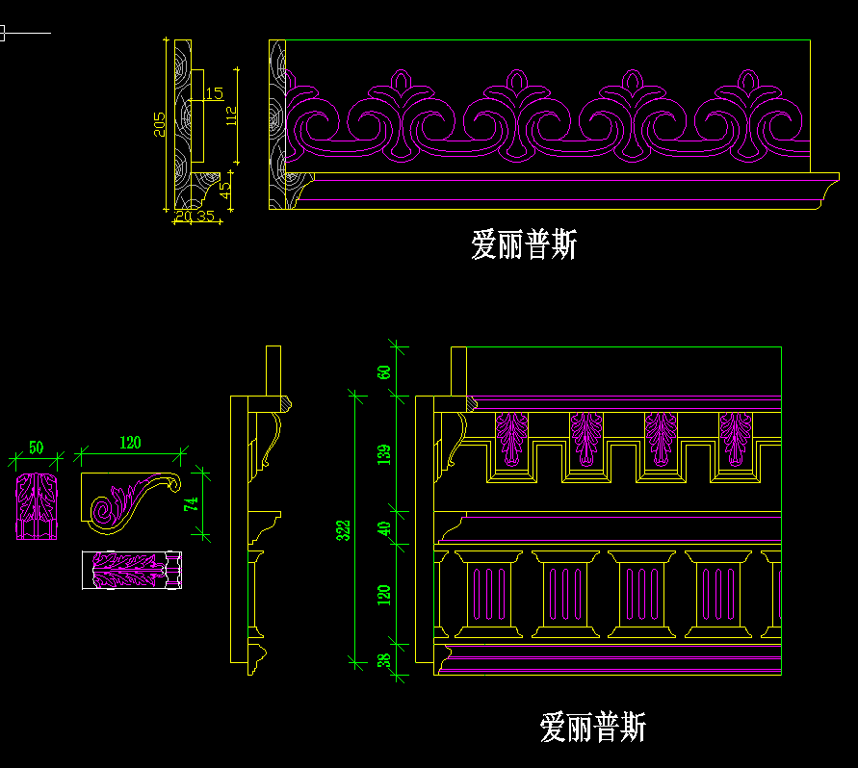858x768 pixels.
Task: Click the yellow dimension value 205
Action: tap(160, 123)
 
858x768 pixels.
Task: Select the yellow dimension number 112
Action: tap(231, 115)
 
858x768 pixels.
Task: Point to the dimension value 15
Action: tap(214, 93)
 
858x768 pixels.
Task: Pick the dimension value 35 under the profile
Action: tap(205, 217)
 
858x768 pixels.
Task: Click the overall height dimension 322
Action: tap(344, 528)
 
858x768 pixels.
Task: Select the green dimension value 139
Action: tap(384, 454)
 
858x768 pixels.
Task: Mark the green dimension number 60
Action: tap(384, 371)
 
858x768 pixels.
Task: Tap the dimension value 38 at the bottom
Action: tap(384, 661)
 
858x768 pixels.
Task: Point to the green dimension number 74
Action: tap(191, 502)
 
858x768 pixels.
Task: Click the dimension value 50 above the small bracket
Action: tap(37, 448)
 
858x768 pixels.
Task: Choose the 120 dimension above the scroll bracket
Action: tap(130, 443)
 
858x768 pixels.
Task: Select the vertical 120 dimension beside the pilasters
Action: tap(384, 594)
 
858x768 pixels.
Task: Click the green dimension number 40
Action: tap(384, 528)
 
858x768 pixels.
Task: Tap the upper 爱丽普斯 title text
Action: tap(524, 244)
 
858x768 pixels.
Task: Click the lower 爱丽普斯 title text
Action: tap(592, 726)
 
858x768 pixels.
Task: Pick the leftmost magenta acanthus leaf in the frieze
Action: tap(511, 437)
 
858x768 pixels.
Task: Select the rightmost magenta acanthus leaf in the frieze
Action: tap(736, 437)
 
